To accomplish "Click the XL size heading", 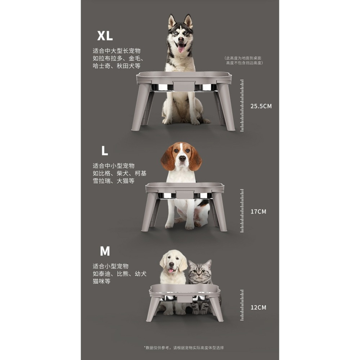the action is pos(105,36).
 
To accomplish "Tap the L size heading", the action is pos(105,150).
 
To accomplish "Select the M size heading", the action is pos(105,251).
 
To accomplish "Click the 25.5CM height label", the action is pos(261,106).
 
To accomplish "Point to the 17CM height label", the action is pos(258,211).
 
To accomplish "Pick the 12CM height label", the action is pos(258,307).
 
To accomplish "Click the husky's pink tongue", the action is pos(181,48).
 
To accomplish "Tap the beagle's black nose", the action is pos(182,158).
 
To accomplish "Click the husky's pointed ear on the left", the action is pos(171,22).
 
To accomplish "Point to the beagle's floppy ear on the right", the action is pos(195,158).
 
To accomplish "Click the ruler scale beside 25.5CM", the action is pos(242,105).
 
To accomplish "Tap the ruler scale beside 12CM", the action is pos(242,305).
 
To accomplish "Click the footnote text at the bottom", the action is pos(184,348).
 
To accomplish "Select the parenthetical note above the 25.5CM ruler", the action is pos(243,60).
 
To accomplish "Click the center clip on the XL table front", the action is pos(184,86).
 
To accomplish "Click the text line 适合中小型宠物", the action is pos(114,166).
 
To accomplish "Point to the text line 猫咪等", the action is pos(102,281).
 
